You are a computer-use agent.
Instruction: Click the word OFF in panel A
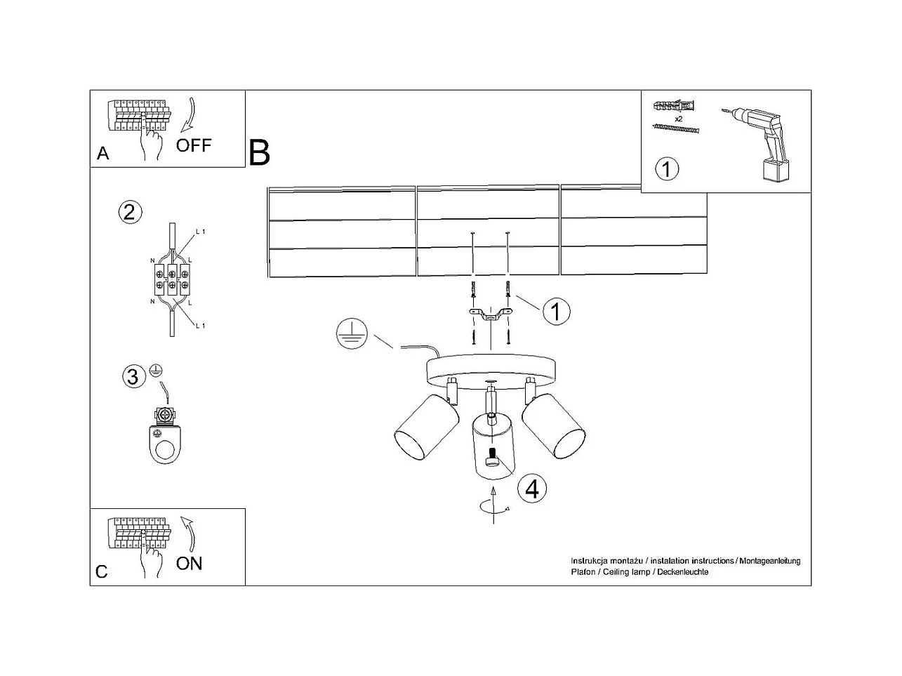tap(193, 145)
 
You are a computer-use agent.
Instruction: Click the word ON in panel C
tap(189, 563)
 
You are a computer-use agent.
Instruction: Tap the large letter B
tap(259, 152)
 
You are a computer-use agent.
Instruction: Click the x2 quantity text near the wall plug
tap(679, 119)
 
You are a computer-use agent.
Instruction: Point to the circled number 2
tap(129, 212)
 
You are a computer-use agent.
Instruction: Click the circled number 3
tap(132, 377)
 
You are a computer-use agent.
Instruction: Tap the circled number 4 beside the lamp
tap(531, 488)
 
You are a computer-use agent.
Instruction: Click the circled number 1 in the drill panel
tap(667, 169)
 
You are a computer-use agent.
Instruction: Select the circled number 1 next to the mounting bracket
tap(556, 311)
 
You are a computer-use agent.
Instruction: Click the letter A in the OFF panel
tap(103, 154)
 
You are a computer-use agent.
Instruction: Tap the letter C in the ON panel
tap(102, 571)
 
